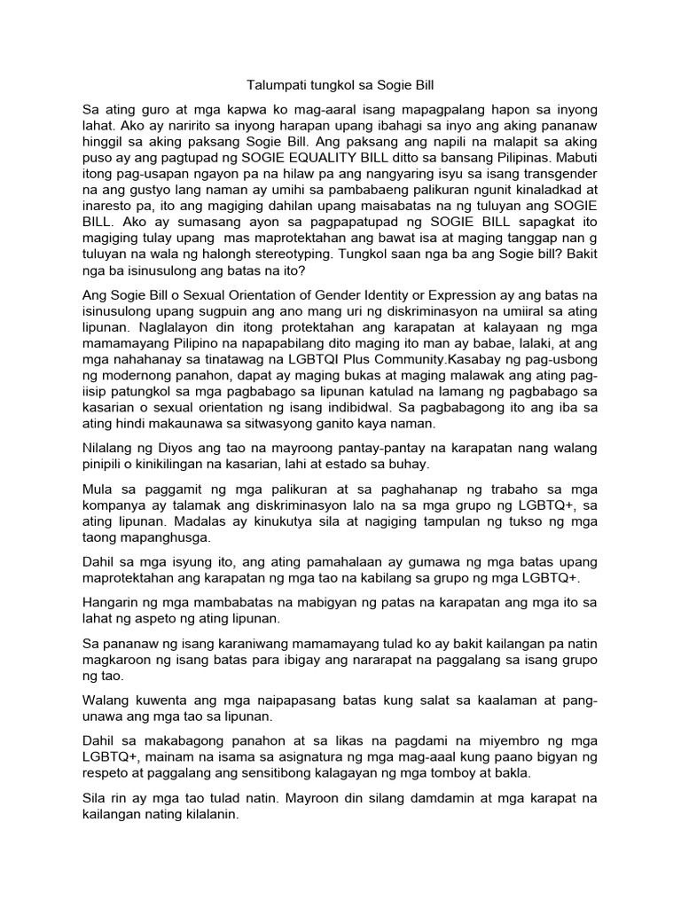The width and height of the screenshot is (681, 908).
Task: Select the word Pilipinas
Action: (505, 168)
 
